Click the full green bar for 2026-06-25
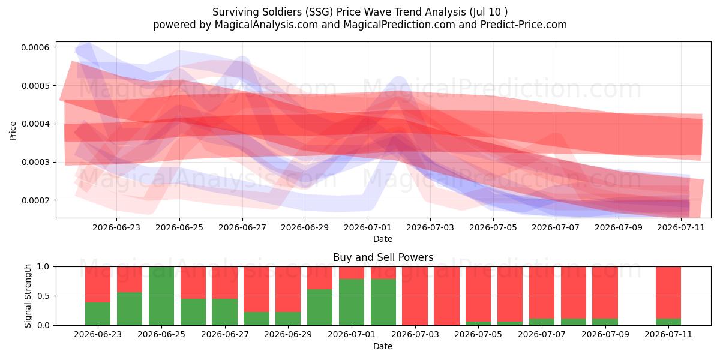[x=161, y=296]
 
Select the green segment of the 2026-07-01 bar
[x=352, y=302]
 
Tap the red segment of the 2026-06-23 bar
[x=98, y=284]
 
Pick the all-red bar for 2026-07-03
[x=415, y=296]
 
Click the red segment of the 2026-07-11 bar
[x=668, y=293]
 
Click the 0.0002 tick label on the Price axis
[x=35, y=200]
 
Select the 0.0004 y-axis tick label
[x=35, y=124]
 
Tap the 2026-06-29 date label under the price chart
[x=305, y=227]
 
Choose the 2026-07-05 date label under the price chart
[x=493, y=227]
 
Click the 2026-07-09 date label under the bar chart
[x=605, y=334]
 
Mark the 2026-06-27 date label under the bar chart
[x=225, y=334]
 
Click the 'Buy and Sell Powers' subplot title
[x=383, y=257]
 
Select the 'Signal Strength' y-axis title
[x=28, y=296]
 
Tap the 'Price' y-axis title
[x=13, y=131]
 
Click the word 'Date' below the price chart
[x=383, y=239]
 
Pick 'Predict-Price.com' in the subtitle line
[x=524, y=25]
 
